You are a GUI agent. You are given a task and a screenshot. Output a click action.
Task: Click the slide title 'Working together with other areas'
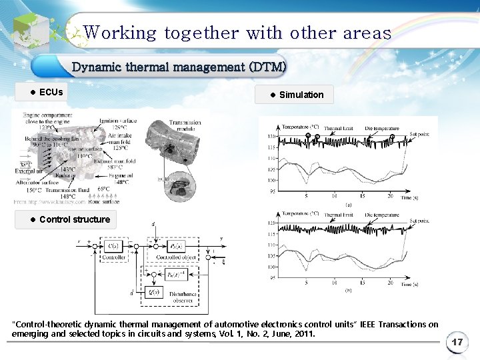[237, 33]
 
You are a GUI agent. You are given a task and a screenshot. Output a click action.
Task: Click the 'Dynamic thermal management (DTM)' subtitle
[179, 67]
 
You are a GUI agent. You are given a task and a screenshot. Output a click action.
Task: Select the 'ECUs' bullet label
[51, 91]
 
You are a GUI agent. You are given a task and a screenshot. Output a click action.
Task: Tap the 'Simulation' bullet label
[301, 95]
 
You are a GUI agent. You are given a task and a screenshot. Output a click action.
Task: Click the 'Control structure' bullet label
[74, 219]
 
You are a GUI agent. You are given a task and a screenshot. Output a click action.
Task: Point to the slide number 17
[457, 342]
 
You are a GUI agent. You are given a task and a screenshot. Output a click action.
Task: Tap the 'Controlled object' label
[175, 257]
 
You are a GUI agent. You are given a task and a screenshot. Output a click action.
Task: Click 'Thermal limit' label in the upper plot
[338, 128]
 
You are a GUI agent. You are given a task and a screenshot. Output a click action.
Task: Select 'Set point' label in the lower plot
[420, 221]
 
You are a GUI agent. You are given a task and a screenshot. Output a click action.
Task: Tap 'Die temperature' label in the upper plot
[381, 128]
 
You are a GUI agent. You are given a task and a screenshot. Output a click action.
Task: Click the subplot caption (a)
[347, 204]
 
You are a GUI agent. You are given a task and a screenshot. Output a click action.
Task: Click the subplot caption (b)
[347, 291]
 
